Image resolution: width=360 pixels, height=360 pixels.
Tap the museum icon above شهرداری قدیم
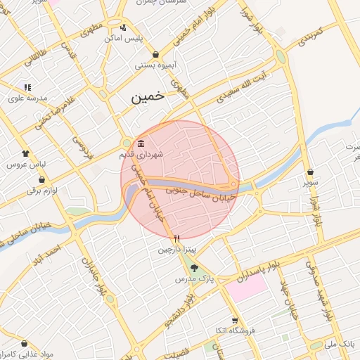click(x=141, y=143)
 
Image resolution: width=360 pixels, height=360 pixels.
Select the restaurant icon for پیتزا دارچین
click(x=177, y=238)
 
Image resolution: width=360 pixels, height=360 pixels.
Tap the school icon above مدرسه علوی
click(x=27, y=87)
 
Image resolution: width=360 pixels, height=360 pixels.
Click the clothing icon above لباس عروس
click(x=26, y=153)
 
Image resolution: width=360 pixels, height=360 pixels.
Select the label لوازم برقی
click(x=44, y=191)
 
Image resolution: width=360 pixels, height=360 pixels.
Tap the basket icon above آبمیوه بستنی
click(x=155, y=55)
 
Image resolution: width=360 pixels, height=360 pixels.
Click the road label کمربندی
click(x=309, y=33)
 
